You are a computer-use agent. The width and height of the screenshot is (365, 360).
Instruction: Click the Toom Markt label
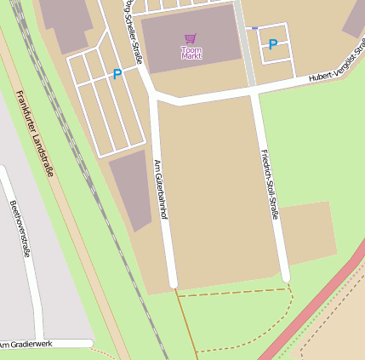coord(191,53)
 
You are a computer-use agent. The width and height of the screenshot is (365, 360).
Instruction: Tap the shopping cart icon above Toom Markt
coord(191,39)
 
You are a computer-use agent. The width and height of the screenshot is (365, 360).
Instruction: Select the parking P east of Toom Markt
coord(272,44)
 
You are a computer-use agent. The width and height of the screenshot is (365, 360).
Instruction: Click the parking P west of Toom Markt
coord(117,75)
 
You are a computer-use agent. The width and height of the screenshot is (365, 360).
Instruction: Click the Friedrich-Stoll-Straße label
coord(269,184)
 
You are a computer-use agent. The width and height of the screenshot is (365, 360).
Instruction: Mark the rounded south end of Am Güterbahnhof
coord(173,281)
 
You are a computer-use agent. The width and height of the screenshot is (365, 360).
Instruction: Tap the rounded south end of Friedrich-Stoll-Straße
coord(286,276)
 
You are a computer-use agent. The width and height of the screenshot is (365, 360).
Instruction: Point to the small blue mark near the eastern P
coord(254,28)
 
